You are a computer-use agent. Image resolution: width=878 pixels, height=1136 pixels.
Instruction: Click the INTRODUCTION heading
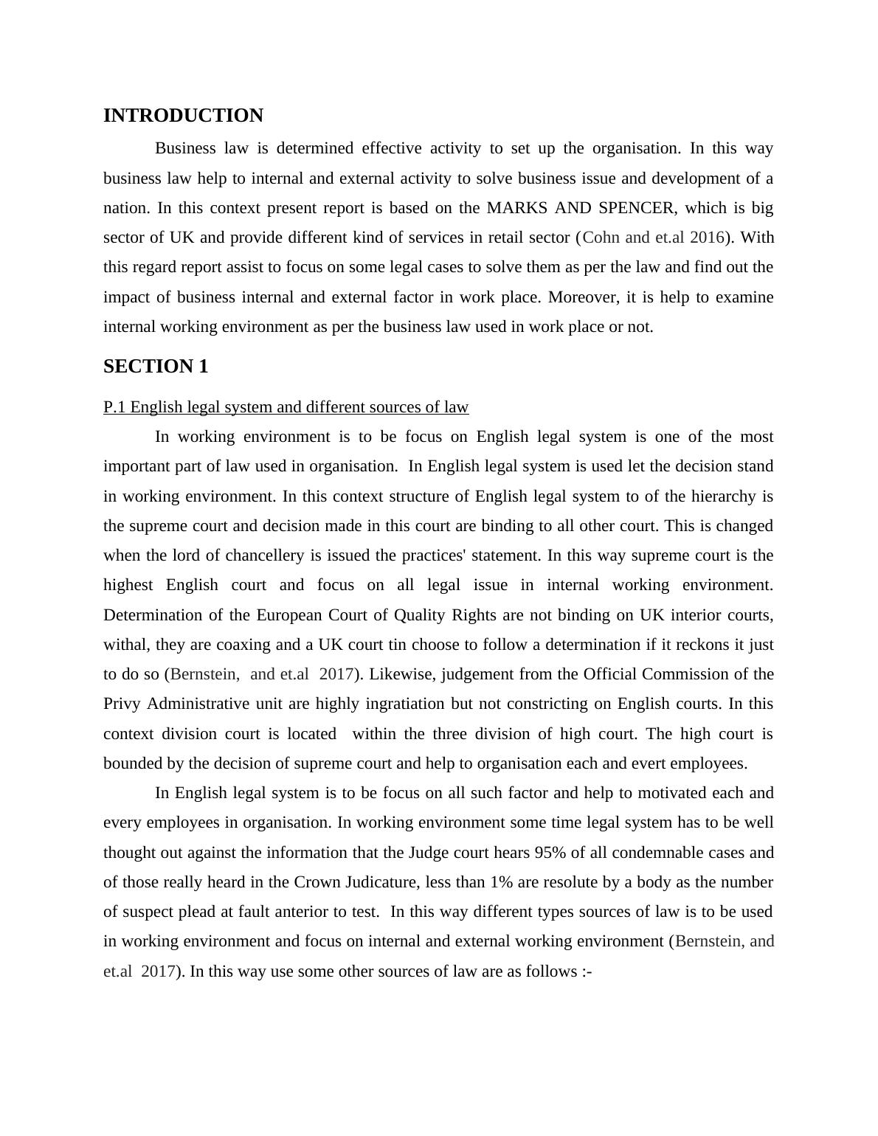[183, 116]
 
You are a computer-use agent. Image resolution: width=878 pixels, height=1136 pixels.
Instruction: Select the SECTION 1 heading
[156, 367]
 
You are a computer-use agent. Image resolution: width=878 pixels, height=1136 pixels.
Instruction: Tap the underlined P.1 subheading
[286, 407]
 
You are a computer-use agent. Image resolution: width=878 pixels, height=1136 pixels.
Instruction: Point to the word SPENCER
[635, 208]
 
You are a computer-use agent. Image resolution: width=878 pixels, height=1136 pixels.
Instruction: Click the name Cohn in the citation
[601, 238]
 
